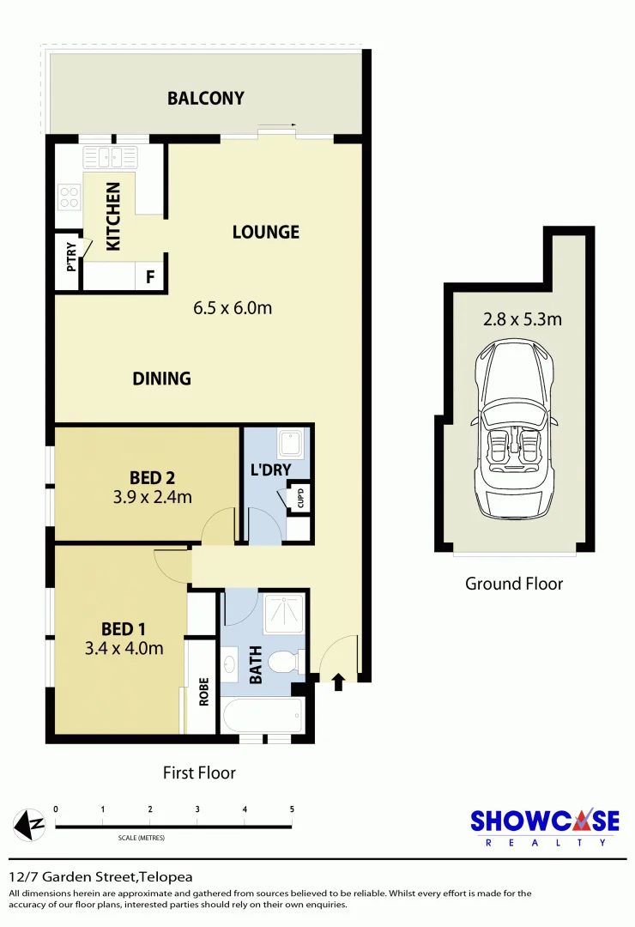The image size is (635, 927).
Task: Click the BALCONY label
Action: [x=205, y=98]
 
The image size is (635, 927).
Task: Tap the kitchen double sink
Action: [x=110, y=156]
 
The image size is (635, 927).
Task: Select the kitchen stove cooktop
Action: [x=68, y=197]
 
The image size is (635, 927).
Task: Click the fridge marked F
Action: [x=150, y=277]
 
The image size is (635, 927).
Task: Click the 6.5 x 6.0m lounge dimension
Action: [x=233, y=307]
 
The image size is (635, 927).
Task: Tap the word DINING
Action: [x=161, y=379]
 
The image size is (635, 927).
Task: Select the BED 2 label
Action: [x=152, y=477]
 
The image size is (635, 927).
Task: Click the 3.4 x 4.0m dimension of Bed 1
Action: [x=126, y=648]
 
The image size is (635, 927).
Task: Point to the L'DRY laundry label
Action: [x=270, y=470]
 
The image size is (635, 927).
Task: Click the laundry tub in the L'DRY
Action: [x=289, y=444]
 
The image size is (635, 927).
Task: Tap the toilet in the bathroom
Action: [x=282, y=663]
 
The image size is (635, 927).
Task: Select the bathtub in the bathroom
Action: [x=262, y=715]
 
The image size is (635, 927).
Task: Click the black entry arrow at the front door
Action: [x=338, y=682]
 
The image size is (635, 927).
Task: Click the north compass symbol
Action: [x=30, y=826]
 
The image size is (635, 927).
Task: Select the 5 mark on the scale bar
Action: [x=292, y=809]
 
